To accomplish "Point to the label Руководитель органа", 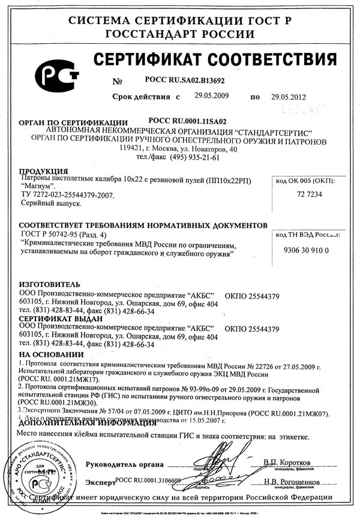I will point(124,464).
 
